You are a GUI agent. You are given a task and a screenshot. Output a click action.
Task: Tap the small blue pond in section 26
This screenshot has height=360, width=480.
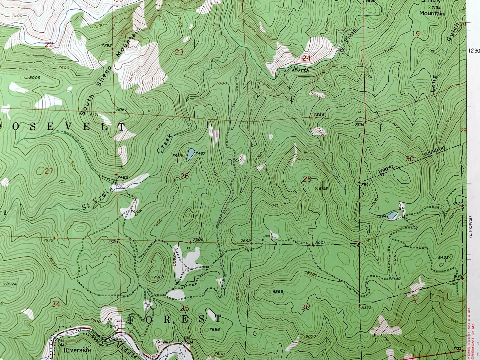(x=190, y=155)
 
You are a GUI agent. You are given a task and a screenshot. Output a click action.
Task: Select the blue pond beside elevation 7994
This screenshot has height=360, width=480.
(x=392, y=216)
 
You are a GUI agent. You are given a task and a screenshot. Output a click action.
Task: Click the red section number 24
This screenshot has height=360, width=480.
(x=306, y=58)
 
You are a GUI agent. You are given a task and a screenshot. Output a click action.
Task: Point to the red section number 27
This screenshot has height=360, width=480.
(x=49, y=171)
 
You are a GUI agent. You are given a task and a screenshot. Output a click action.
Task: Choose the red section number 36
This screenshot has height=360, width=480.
(x=305, y=308)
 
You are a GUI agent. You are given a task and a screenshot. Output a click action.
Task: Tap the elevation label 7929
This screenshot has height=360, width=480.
(x=158, y=277)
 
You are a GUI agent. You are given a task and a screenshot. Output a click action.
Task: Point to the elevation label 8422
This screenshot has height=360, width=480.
(x=443, y=257)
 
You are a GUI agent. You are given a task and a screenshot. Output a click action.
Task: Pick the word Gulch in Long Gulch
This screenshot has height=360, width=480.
(x=452, y=33)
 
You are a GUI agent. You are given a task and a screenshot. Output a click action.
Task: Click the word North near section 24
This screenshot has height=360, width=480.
(x=301, y=70)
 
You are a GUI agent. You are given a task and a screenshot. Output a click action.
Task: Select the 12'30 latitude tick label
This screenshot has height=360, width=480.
(x=474, y=51)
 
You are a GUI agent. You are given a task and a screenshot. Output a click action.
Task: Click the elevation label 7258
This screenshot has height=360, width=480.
(x=319, y=115)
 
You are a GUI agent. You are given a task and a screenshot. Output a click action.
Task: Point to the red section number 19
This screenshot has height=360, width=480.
(x=416, y=34)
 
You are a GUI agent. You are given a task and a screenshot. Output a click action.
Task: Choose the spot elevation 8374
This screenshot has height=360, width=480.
(x=11, y=284)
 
